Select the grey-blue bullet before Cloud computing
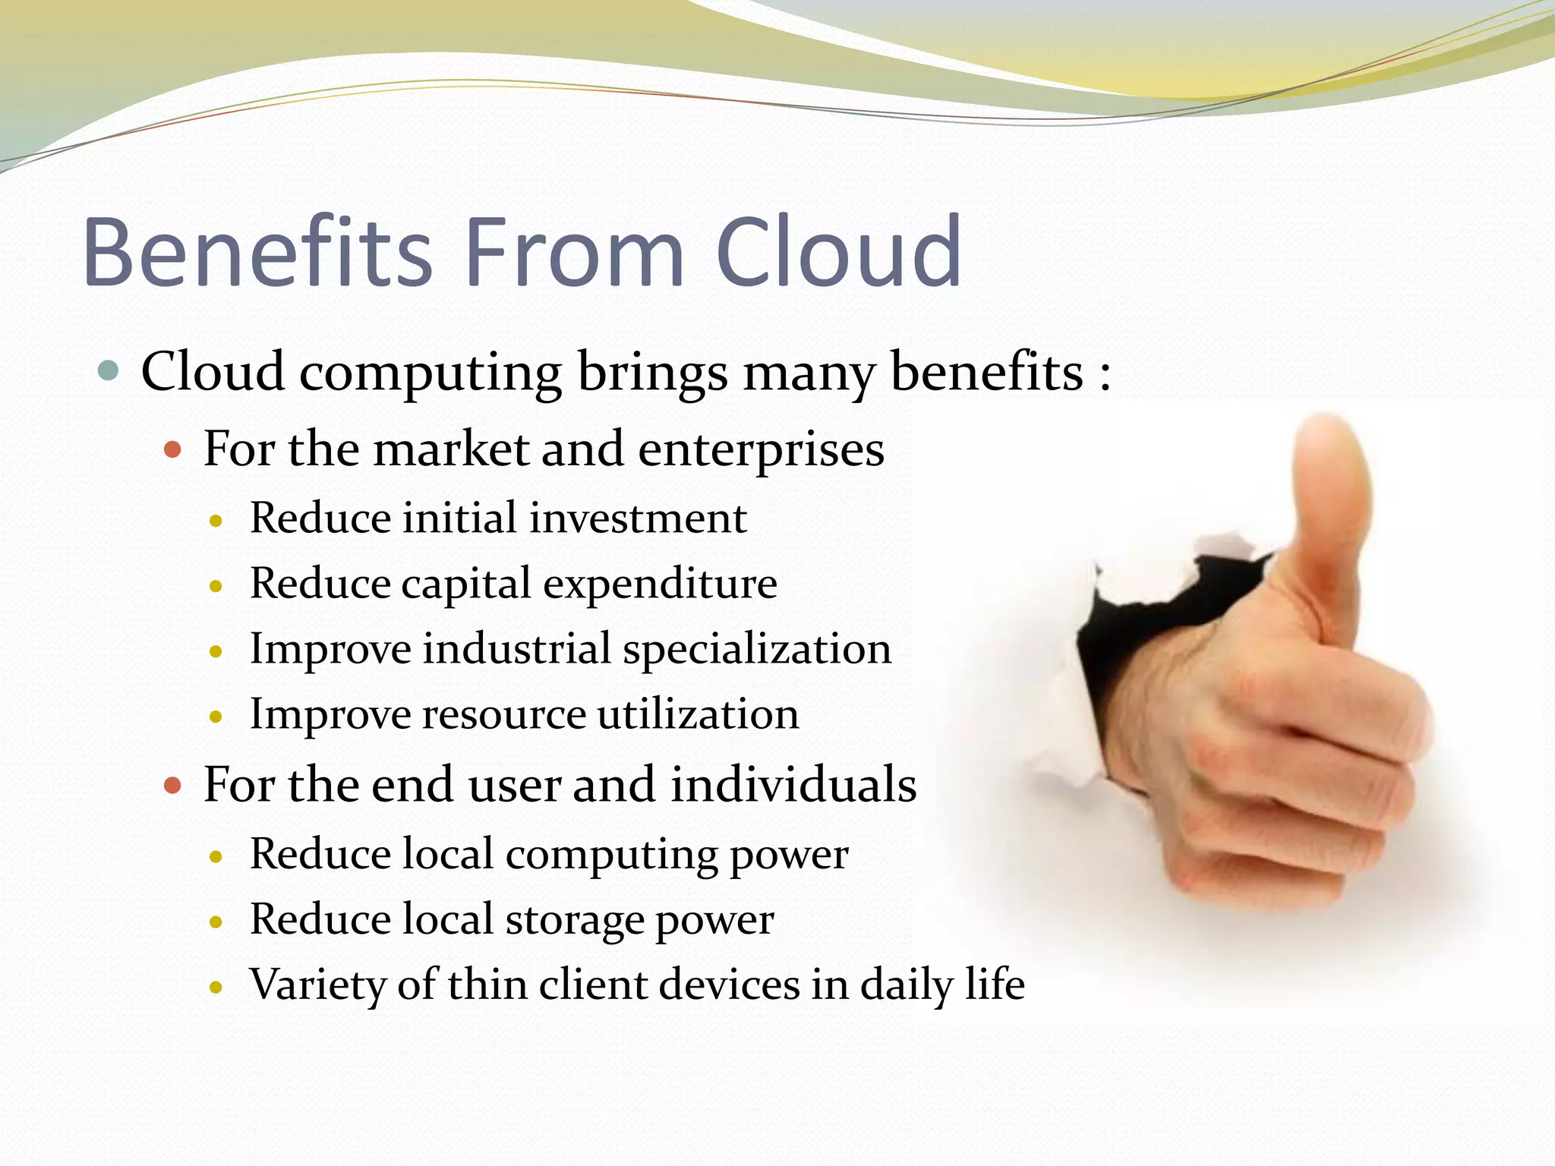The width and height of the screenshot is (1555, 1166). tap(109, 371)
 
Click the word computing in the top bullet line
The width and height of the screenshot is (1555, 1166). tap(430, 373)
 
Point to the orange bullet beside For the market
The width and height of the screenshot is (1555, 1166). tap(173, 449)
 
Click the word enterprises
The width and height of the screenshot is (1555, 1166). tap(761, 450)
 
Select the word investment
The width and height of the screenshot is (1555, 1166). tap(638, 518)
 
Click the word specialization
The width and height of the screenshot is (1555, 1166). tap(757, 650)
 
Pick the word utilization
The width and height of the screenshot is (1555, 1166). tap(698, 714)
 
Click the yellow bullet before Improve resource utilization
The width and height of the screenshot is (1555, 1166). tap(216, 716)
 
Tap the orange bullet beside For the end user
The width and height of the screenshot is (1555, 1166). tap(173, 785)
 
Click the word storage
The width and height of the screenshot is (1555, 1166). tap(574, 920)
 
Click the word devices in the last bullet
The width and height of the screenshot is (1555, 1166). tap(729, 985)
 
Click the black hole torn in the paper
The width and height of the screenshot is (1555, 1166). tap(1139, 630)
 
